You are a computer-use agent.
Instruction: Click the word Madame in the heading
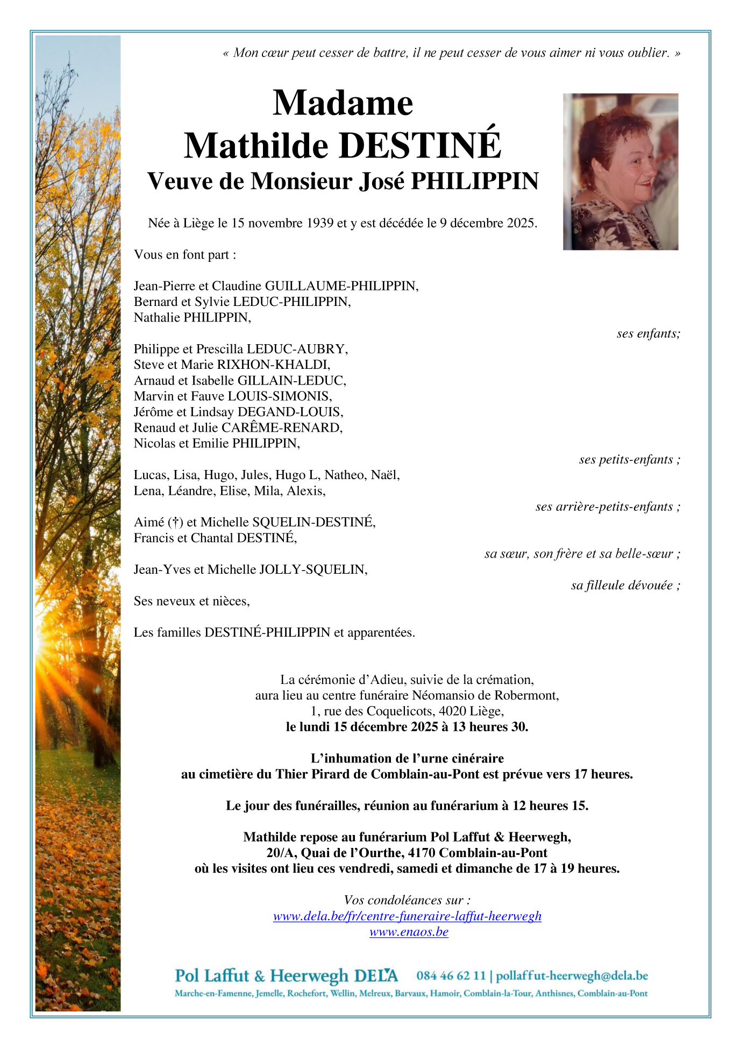(x=343, y=103)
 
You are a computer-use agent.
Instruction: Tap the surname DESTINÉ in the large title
(x=420, y=146)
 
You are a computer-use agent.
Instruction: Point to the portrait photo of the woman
(x=620, y=172)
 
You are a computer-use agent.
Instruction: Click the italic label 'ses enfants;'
(x=648, y=333)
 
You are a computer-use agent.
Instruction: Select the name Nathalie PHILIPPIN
(x=192, y=317)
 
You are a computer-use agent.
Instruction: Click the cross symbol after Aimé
(x=175, y=522)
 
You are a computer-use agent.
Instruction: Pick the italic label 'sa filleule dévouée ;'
(x=625, y=585)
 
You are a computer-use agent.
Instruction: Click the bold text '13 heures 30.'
(x=490, y=727)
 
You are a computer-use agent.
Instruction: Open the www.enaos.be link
(x=409, y=932)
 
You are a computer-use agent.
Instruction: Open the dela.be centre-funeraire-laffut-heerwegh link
(x=407, y=916)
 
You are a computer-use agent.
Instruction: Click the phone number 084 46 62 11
(x=451, y=975)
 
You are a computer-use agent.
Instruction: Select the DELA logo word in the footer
(x=376, y=975)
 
